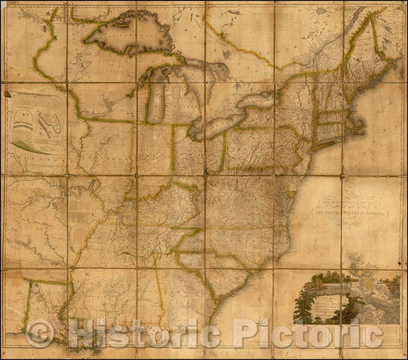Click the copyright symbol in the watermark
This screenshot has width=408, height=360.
pyautogui.click(x=39, y=333)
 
